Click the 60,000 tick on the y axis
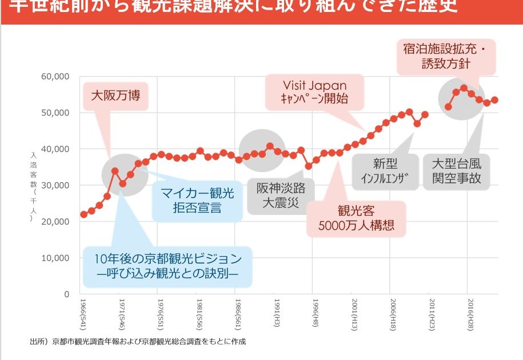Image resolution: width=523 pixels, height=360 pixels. (x=55, y=77)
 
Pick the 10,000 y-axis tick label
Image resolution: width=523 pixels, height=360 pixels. (x=55, y=258)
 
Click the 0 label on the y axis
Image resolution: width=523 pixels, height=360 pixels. (x=66, y=294)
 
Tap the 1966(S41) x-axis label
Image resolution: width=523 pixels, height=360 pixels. (x=83, y=313)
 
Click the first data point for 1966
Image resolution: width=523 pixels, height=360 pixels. (x=84, y=214)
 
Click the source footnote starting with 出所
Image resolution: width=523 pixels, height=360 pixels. (x=138, y=342)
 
